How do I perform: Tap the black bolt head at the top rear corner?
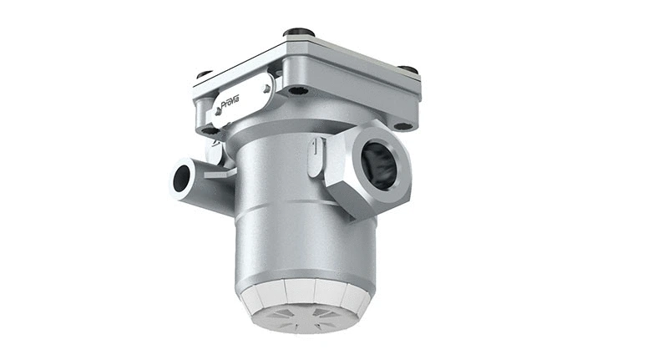click(298, 33)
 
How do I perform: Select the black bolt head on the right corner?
click(407, 69)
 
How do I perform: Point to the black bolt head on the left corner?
click(204, 75)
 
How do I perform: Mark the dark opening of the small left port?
click(181, 177)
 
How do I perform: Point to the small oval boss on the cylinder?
click(311, 158)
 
